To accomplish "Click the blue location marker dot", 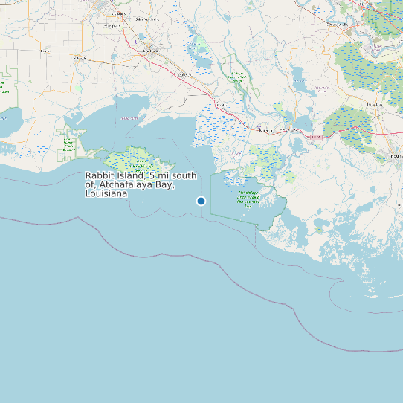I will tap(201, 201).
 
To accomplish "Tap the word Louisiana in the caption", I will tap(106, 193).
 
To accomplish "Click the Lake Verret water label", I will tap(322, 88).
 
